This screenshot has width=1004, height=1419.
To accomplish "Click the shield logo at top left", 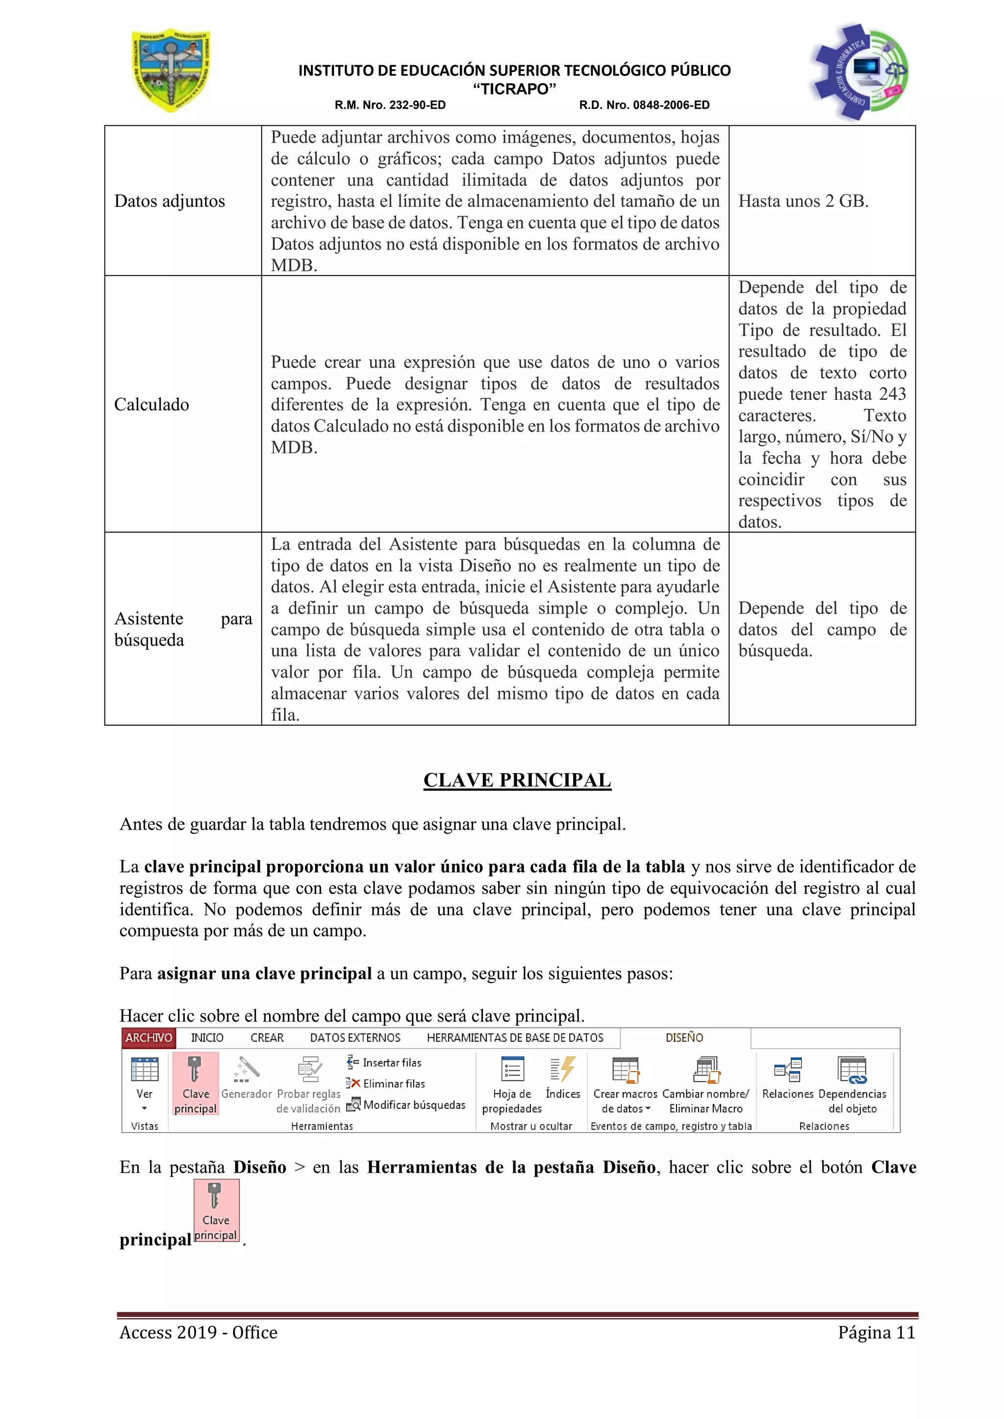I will tap(171, 71).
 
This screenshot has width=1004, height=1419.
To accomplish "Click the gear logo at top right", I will tap(858, 71).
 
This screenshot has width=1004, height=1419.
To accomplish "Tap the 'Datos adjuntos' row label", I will tap(170, 201).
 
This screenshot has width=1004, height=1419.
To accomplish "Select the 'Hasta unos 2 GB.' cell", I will tap(803, 201).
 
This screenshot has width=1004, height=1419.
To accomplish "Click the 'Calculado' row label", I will tap(151, 404).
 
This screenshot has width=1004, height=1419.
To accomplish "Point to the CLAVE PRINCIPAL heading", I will tap(517, 780).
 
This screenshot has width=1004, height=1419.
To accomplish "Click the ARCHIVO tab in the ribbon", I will tap(149, 1038).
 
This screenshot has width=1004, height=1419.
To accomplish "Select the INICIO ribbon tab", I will tap(207, 1038).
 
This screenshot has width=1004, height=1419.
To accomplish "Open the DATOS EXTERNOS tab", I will tap(355, 1038).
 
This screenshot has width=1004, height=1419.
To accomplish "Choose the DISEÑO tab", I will tap(684, 1038).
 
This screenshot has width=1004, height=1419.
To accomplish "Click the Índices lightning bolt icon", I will tap(563, 1070).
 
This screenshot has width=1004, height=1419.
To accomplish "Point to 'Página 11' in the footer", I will tap(876, 1332).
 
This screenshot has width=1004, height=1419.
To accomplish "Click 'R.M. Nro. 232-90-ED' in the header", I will tap(390, 105).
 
